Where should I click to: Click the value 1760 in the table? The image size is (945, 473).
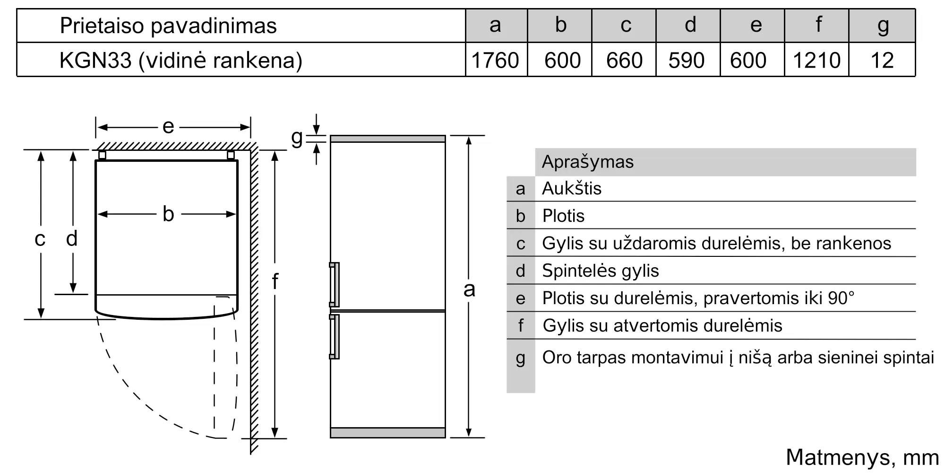pos(495,61)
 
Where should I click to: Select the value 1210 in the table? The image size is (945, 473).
pos(816,61)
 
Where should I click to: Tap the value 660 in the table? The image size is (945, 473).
pos(624,61)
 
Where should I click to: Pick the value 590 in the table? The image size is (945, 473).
pos(687,61)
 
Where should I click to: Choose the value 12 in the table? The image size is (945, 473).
pos(882,61)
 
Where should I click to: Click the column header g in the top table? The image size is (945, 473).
pos(883,25)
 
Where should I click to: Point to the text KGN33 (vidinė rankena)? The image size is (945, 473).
pos(180,61)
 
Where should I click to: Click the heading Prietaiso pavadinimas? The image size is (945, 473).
pos(168,26)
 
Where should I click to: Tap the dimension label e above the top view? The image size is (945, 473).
pos(168,127)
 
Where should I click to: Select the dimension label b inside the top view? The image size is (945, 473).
pos(168,214)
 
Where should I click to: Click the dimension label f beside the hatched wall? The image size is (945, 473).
pos(275,281)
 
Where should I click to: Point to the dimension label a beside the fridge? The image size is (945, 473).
pos(469,289)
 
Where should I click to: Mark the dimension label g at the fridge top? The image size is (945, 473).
pos(297,138)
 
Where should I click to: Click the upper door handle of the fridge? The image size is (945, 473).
pos(335,284)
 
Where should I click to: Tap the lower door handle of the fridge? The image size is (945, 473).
pos(335,337)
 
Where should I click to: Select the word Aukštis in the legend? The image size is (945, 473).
pos(571,189)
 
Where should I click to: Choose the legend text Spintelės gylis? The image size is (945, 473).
pos(600,271)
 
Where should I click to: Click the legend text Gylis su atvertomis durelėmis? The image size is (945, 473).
pos(662,325)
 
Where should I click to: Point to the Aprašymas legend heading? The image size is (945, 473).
pos(587,162)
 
